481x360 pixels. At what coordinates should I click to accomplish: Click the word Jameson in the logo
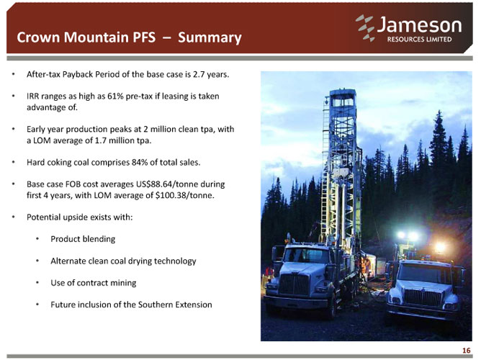tap(419, 24)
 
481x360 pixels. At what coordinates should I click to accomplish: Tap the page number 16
tap(466, 350)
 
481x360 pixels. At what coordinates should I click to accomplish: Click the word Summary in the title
tap(210, 37)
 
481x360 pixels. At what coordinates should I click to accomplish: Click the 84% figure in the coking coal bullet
tap(140, 162)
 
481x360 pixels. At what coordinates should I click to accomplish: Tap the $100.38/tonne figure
tap(184, 195)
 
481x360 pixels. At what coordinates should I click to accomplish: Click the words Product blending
tap(83, 239)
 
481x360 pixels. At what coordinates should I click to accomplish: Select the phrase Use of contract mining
tap(94, 283)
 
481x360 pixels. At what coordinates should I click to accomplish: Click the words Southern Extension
tap(175, 305)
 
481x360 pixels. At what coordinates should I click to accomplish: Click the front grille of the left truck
tap(295, 284)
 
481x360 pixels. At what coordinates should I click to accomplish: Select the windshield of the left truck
tap(305, 255)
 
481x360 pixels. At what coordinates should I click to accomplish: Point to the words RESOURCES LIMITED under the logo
tap(419, 40)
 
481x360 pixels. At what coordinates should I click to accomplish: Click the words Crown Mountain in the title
tap(73, 37)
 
